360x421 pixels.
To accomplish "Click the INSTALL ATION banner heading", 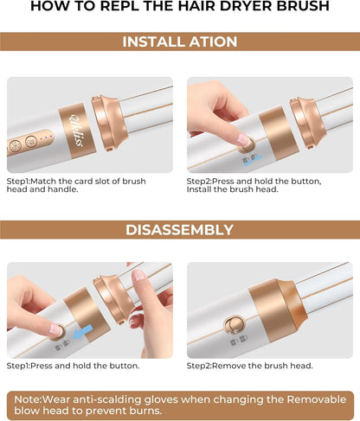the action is click(180, 41).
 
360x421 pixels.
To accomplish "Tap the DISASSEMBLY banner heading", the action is click(179, 230).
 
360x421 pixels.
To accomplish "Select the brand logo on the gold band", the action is click(77, 131).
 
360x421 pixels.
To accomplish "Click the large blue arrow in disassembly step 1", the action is click(82, 331).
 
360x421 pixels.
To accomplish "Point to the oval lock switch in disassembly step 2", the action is click(234, 324).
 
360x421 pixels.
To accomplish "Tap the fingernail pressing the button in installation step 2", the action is click(243, 140).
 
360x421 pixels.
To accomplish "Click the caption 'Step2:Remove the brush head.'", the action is click(249, 366).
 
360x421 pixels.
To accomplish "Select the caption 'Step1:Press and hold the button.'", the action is click(73, 366).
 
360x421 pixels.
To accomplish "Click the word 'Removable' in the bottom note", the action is click(316, 399).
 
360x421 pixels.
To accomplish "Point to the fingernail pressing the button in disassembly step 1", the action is click(55, 329).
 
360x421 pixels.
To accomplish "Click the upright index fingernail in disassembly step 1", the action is click(138, 275).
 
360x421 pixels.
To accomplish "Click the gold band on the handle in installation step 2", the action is click(278, 133).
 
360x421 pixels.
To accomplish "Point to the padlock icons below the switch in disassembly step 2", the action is click(239, 340).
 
